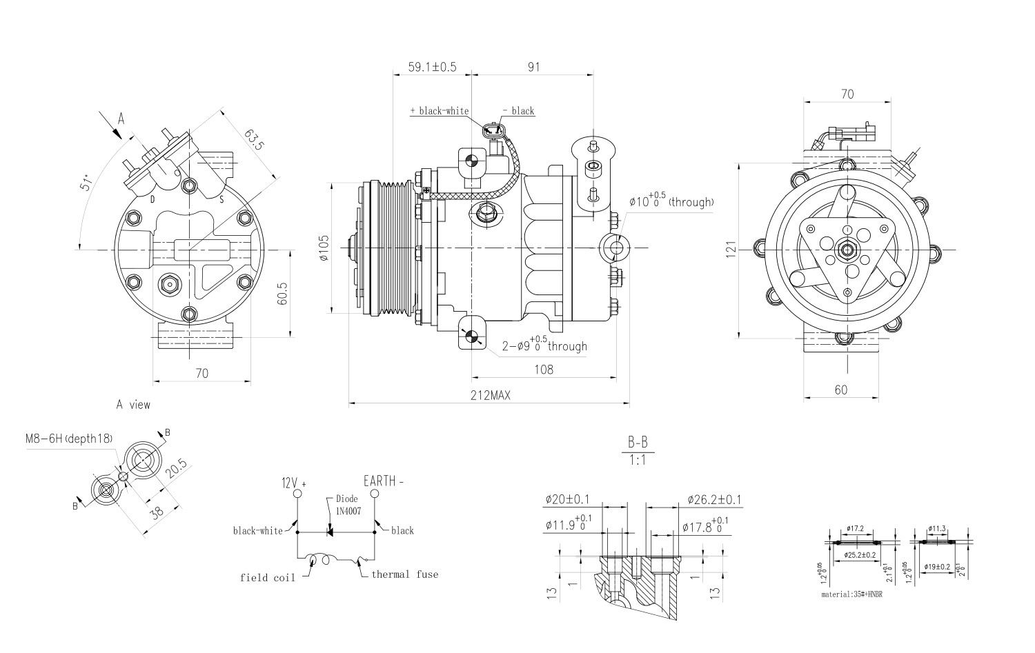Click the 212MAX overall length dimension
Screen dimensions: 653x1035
click(x=490, y=394)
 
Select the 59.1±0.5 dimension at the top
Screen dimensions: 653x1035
click(x=432, y=67)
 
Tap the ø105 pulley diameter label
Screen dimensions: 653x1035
click(x=324, y=248)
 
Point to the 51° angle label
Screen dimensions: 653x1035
click(x=87, y=182)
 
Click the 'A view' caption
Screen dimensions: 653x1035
click(x=133, y=405)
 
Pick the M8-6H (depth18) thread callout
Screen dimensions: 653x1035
click(x=68, y=439)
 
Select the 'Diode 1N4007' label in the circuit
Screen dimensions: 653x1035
click(x=347, y=503)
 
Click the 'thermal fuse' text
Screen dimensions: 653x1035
click(x=404, y=574)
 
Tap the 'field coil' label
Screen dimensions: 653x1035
click(x=268, y=577)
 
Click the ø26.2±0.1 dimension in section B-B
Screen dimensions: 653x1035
click(x=714, y=500)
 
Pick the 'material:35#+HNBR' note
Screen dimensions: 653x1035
click(x=851, y=594)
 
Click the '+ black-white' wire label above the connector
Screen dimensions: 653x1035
click(x=439, y=111)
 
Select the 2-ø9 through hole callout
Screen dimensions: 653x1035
click(x=545, y=345)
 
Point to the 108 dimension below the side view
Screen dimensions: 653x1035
click(x=544, y=370)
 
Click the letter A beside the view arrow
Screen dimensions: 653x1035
click(x=121, y=119)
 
